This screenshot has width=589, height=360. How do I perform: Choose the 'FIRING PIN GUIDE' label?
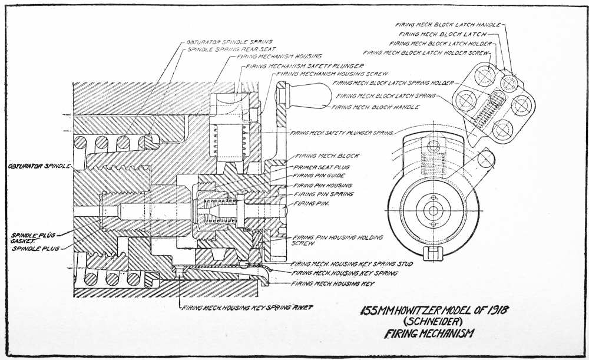319,175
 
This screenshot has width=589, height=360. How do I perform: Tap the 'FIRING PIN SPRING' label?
323,193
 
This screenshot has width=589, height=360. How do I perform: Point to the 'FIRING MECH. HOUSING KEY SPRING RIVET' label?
248,307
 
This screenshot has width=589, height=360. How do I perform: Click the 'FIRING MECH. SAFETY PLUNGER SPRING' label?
342,133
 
